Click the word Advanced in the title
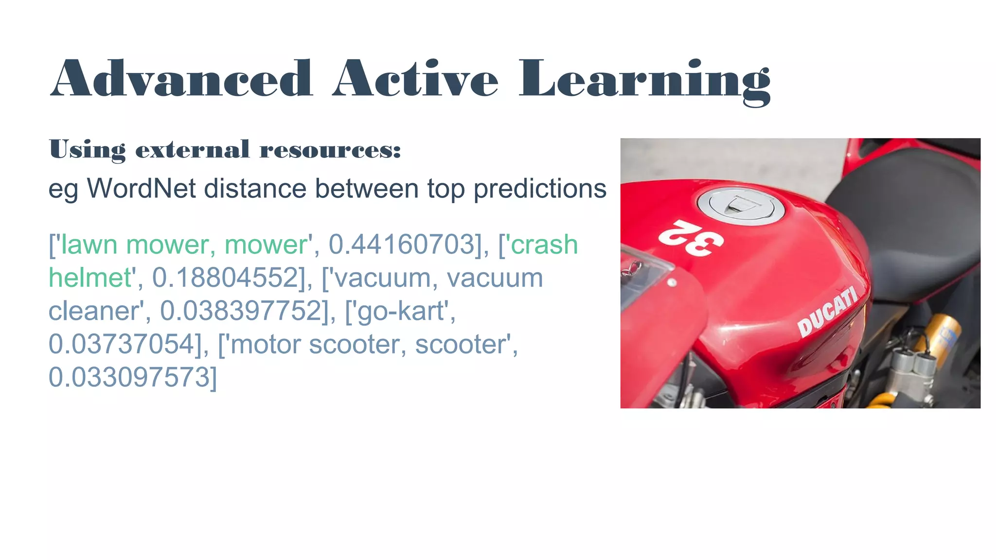[x=181, y=79]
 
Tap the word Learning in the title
[x=644, y=80]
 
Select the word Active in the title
[x=415, y=79]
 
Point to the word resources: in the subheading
[x=330, y=149]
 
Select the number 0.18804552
[x=225, y=278]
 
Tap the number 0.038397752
[x=241, y=311]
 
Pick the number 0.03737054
[x=122, y=344]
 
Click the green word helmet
[x=90, y=278]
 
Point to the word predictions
[x=540, y=189]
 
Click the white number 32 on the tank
[x=691, y=238]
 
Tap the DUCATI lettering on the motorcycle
[x=827, y=311]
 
